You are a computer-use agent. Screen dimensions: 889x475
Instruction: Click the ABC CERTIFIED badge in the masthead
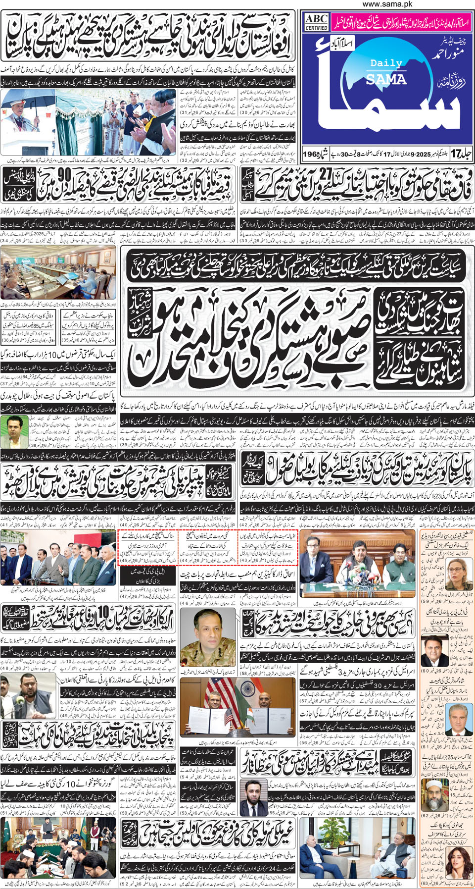coord(316,22)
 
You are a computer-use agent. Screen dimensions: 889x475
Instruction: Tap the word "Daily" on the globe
coord(386,63)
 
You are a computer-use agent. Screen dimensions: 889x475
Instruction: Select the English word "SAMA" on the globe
coord(386,79)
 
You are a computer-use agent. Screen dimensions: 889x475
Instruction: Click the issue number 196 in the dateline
coord(311,154)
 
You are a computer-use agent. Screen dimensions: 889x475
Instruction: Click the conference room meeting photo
coord(58,272)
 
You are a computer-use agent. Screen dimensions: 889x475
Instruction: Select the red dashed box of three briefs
coord(207,547)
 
